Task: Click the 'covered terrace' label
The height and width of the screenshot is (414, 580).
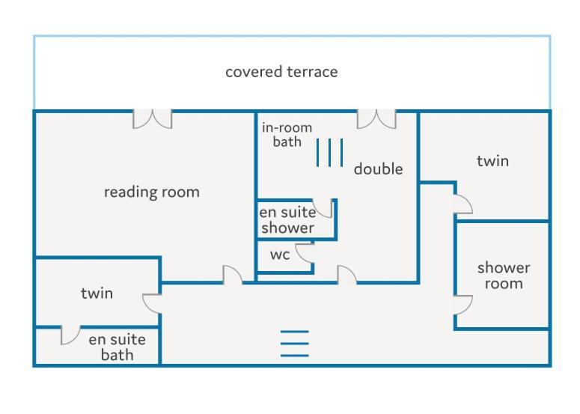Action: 281,72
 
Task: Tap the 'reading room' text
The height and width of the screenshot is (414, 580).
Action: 152,192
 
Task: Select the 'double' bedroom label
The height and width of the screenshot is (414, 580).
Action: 378,168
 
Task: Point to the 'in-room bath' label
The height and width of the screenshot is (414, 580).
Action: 287,135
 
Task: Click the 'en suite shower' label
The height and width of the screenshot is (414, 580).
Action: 287,220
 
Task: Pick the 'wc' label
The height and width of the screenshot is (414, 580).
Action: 280,255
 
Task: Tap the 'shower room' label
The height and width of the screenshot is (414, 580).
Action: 504,276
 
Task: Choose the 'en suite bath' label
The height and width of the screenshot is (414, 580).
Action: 117,347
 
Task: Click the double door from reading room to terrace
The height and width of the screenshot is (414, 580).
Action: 153,119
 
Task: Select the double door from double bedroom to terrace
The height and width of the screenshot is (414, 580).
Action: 376,119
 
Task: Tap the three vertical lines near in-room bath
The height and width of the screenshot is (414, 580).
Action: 329,153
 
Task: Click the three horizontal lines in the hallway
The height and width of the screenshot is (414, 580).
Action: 294,344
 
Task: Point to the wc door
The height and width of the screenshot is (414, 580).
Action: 305,254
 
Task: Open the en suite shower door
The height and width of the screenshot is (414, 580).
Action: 323,208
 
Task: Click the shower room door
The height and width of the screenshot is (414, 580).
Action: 463,305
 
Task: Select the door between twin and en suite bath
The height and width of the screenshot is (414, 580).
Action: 70,335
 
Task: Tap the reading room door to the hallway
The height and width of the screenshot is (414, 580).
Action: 233,275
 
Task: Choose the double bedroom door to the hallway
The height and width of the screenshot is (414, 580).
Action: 347,275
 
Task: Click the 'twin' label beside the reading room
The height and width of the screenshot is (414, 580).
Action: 97,293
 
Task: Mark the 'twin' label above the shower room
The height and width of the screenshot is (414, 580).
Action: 492,161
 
